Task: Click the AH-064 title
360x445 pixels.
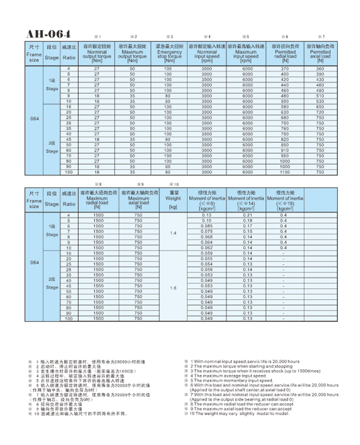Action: click(48, 34)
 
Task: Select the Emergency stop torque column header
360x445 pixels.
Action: click(169, 53)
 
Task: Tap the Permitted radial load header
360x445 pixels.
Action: click(285, 53)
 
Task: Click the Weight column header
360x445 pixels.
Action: click(173, 198)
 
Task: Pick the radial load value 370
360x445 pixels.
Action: click(285, 69)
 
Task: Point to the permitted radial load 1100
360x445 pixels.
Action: click(285, 172)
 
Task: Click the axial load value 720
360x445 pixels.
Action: click(320, 112)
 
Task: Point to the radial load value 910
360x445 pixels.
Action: click(285, 150)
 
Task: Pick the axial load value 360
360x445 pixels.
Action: click(320, 69)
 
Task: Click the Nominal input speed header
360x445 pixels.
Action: click(206, 53)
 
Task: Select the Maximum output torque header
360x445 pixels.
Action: click(132, 53)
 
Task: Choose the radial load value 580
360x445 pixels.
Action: click(285, 107)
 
